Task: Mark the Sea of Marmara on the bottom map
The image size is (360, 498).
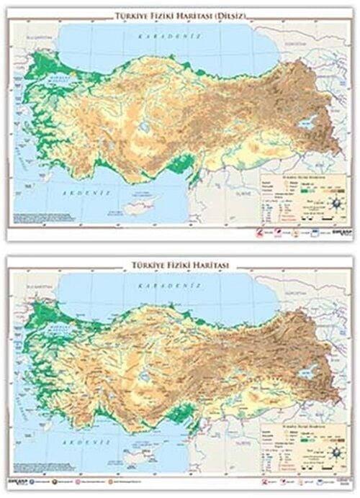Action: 60,327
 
